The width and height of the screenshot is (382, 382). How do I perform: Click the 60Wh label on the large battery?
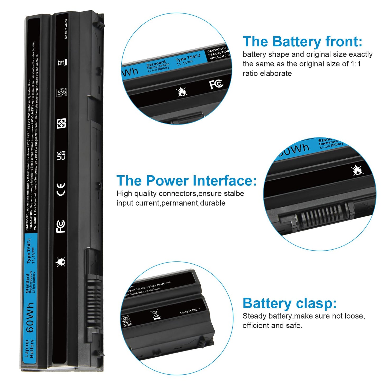coord(30,317)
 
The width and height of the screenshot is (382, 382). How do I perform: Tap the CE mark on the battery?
coord(61,189)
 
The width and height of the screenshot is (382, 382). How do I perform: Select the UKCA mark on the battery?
coord(61,155)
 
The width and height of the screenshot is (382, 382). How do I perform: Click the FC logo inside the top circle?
coord(216,84)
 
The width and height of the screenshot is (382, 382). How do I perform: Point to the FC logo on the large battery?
coord(61,226)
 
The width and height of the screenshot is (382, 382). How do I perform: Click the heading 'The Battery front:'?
coord(302,42)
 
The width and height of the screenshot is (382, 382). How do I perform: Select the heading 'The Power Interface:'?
coord(186,181)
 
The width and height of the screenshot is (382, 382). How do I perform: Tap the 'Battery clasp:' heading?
coord(289,303)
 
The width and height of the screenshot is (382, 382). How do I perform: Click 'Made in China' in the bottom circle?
coord(190,311)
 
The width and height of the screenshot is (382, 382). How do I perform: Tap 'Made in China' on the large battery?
coord(66,29)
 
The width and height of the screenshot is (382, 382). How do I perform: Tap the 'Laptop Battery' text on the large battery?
coord(29,348)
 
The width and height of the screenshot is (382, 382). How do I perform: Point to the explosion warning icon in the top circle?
coord(182,92)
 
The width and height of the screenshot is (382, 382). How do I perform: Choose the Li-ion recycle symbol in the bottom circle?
coord(126,321)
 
